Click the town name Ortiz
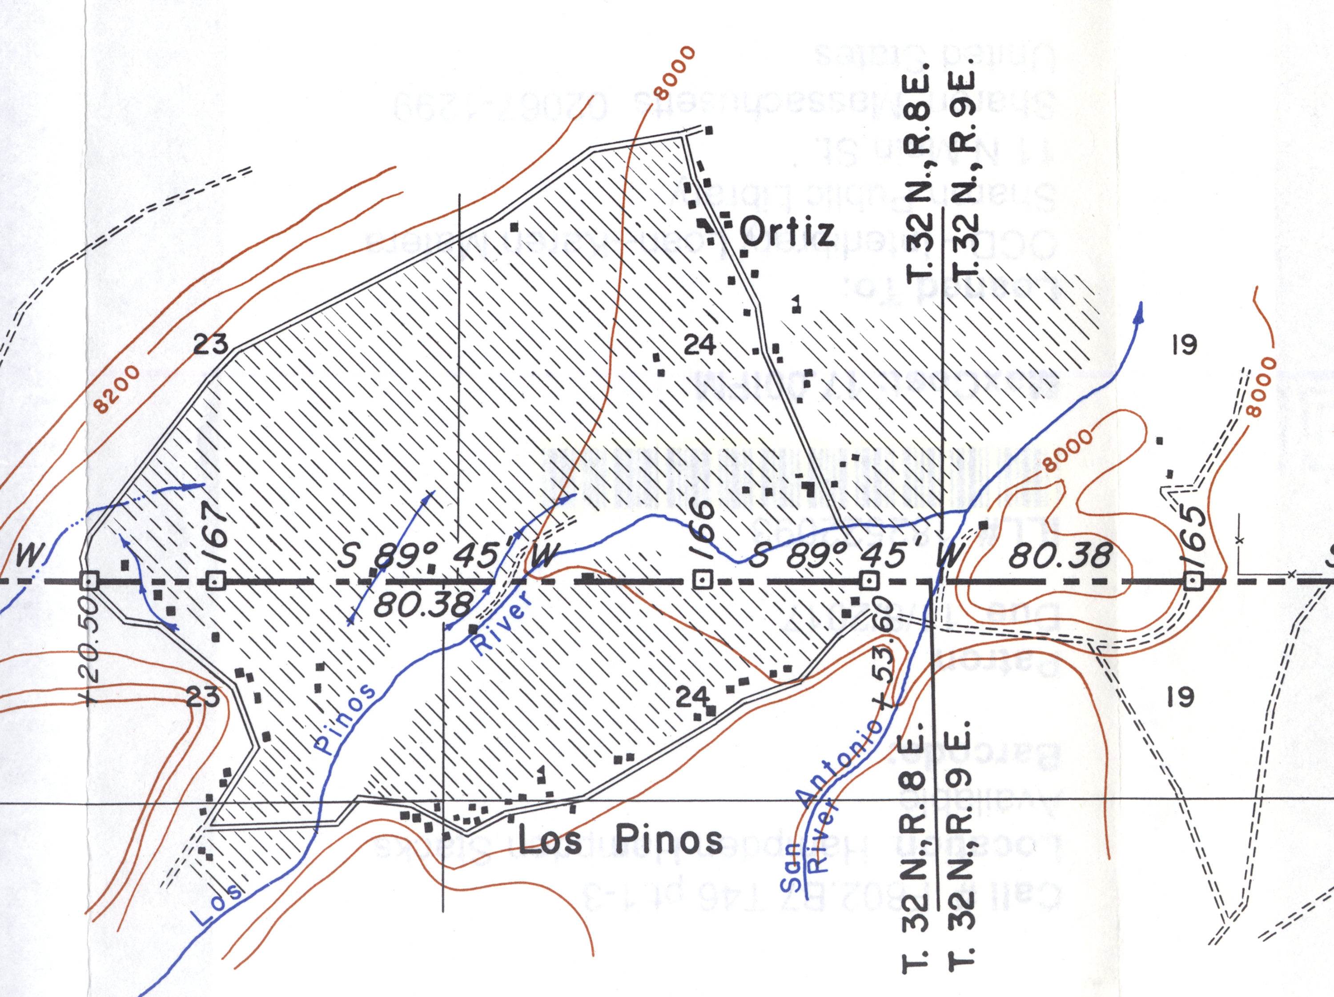click(x=787, y=232)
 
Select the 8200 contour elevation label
click(x=117, y=389)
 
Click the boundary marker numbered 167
click(x=215, y=581)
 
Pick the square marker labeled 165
click(x=1192, y=581)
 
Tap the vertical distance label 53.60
click(x=884, y=651)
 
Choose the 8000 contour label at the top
click(x=675, y=73)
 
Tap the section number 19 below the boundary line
click(x=1180, y=697)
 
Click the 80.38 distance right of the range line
click(x=1060, y=556)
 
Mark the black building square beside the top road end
click(x=709, y=130)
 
